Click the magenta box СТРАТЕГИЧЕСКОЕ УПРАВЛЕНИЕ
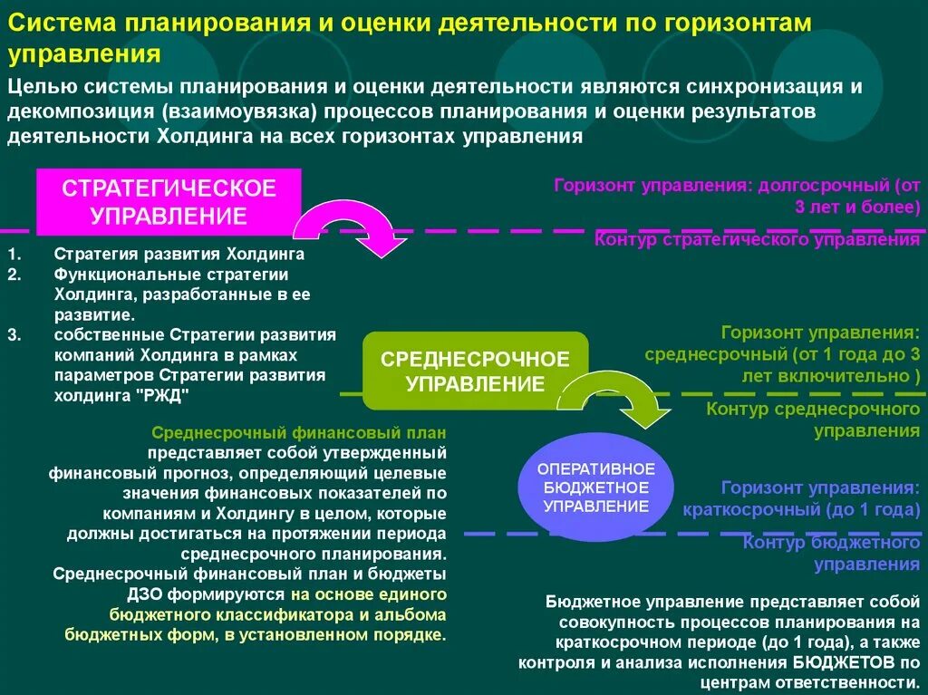(168, 202)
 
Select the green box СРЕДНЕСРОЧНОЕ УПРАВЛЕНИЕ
(475, 371)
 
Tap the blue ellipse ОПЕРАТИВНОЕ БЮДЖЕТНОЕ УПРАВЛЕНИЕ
(595, 487)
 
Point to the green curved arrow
(616, 398)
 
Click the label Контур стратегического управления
(757, 240)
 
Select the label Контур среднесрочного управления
(813, 420)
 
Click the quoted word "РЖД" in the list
(162, 395)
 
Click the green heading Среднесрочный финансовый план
(300, 433)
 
